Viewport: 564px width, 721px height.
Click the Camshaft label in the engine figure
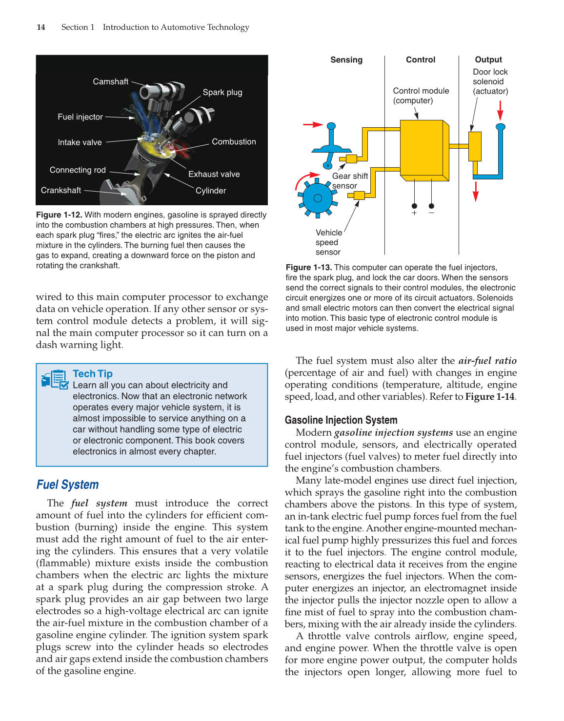click(111, 81)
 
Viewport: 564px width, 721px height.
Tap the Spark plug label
click(222, 92)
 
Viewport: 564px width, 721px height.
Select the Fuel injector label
click(80, 117)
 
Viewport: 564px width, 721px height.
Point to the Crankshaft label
click(61, 190)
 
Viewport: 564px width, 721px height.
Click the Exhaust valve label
click(214, 174)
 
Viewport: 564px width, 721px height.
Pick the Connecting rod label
click(78, 170)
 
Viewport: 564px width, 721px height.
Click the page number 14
click(41, 27)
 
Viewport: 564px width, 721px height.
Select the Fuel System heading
click(68, 485)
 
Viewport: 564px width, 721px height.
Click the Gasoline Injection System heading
click(341, 420)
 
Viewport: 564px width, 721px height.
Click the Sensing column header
click(346, 60)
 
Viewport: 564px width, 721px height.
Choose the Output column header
click(488, 60)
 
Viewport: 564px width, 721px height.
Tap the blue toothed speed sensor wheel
click(318, 198)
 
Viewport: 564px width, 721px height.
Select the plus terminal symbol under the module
click(414, 213)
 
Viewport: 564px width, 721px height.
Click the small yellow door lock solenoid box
click(475, 146)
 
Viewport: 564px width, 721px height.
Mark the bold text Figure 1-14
click(490, 396)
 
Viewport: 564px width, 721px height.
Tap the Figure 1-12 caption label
click(59, 215)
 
